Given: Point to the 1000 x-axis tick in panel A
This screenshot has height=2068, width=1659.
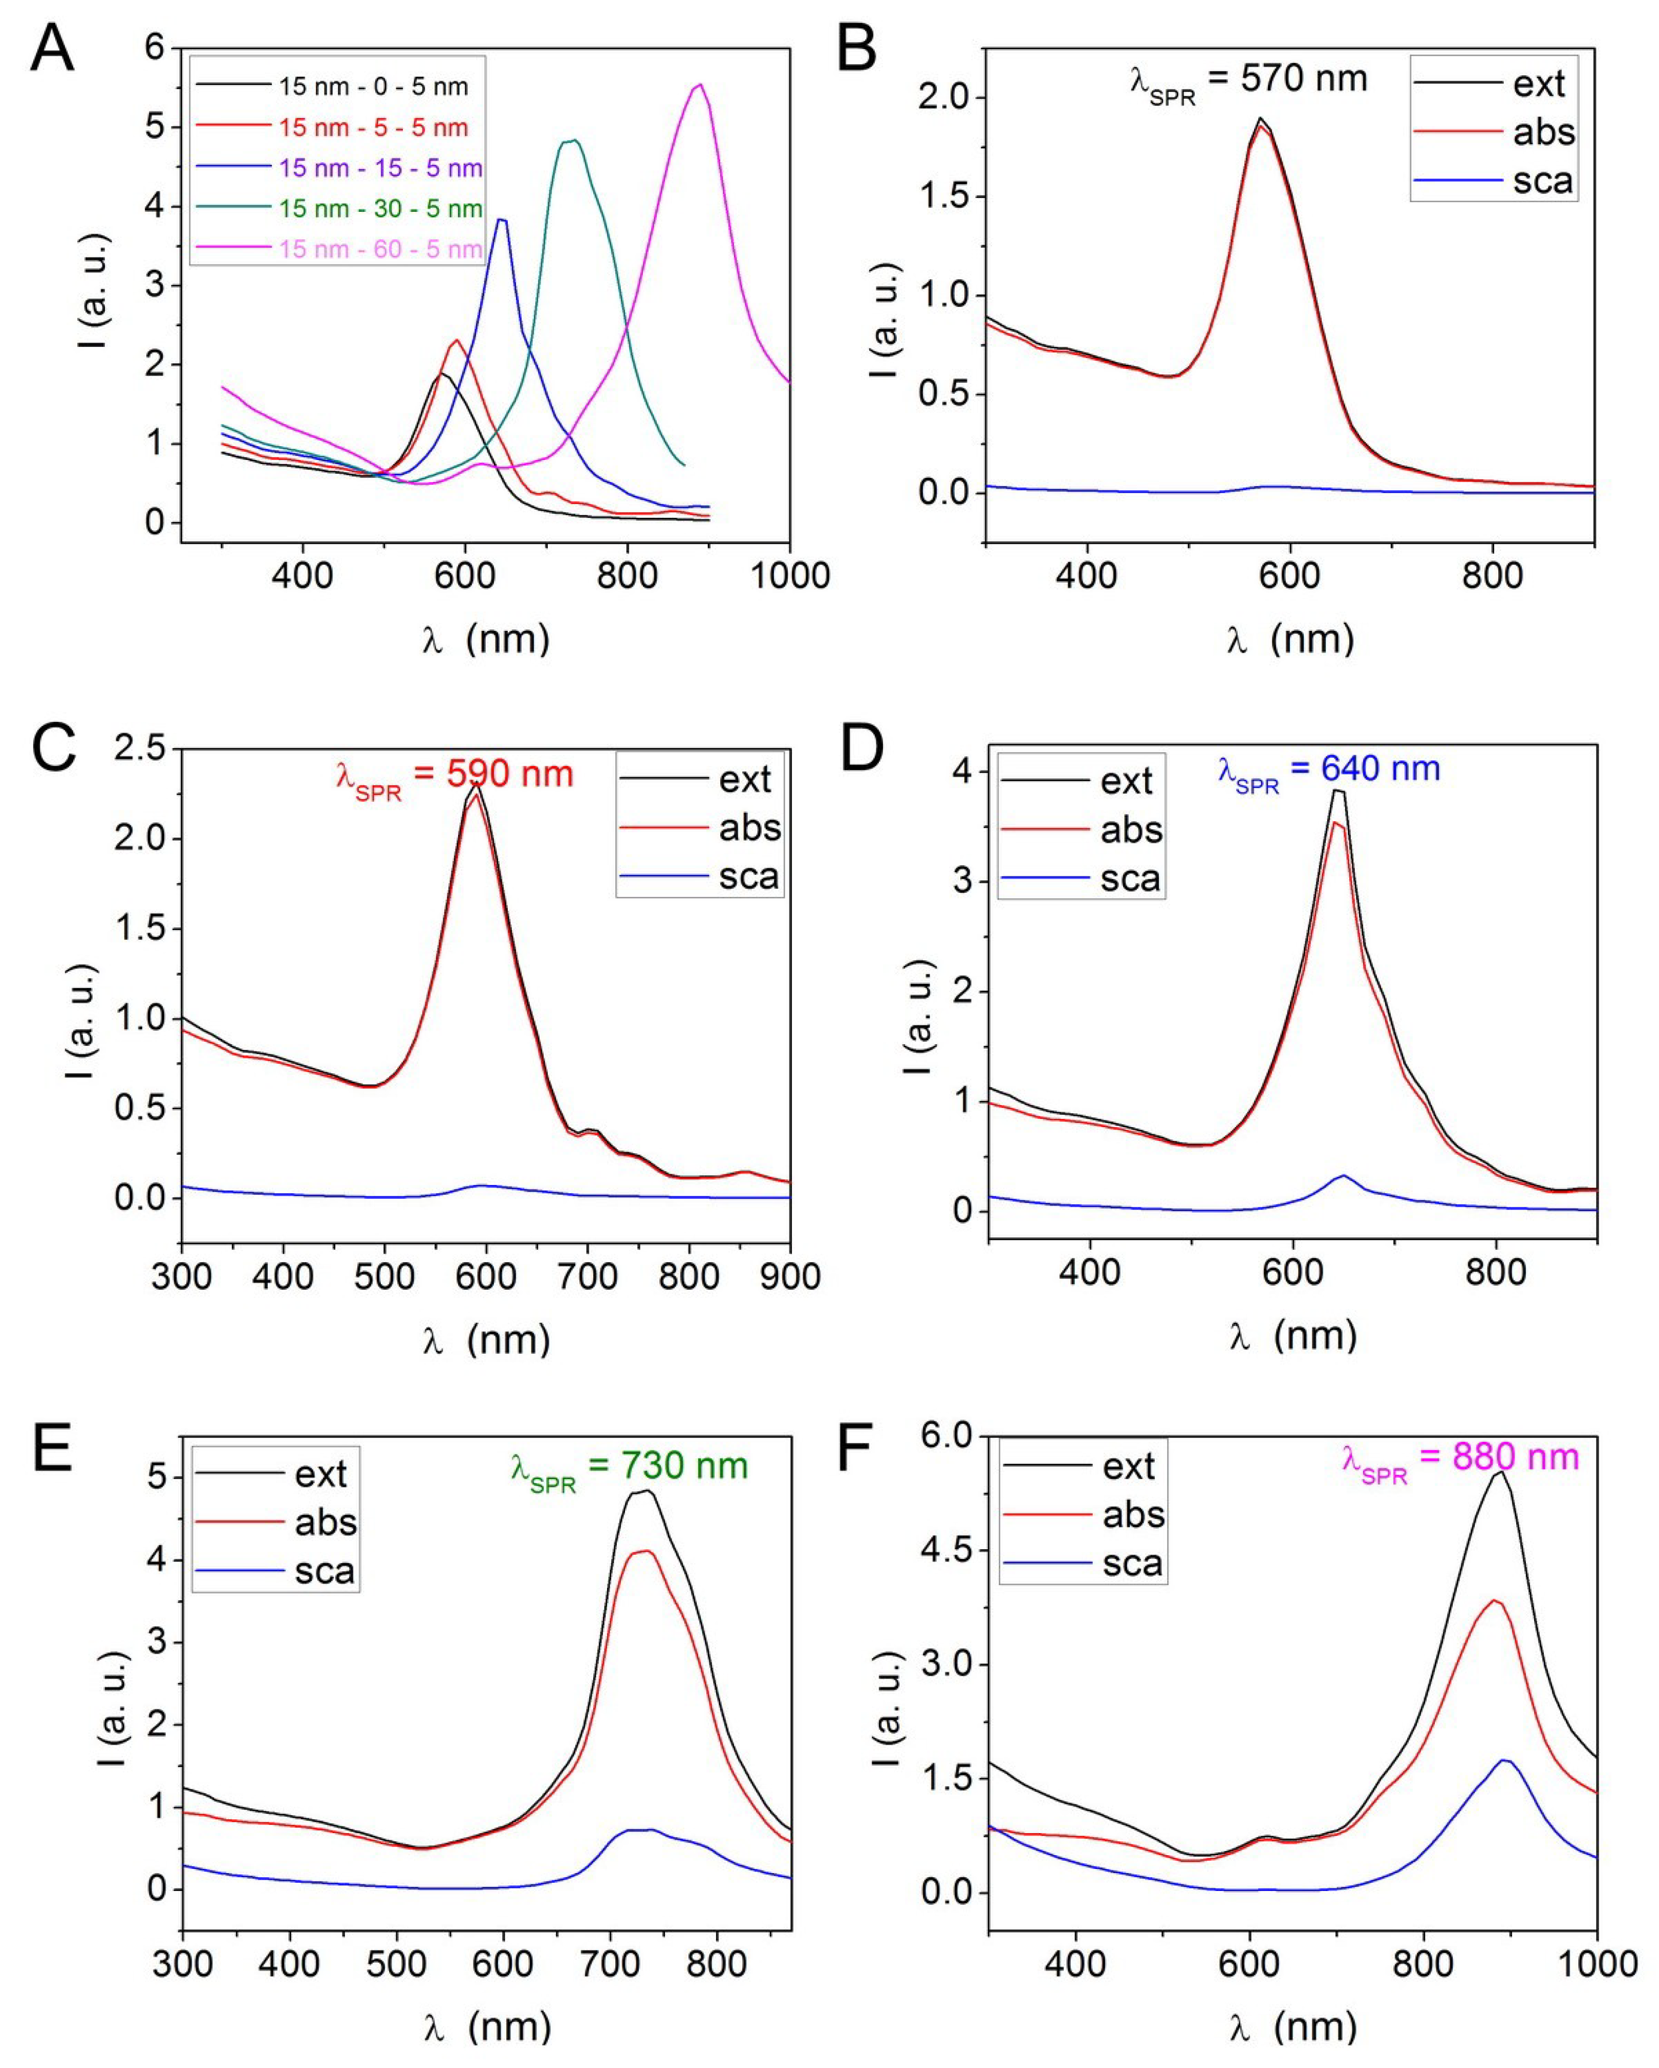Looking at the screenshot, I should (x=790, y=576).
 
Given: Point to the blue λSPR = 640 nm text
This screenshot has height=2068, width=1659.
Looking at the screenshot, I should (x=1329, y=770).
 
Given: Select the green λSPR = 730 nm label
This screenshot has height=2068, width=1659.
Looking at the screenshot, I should (x=629, y=1467).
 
